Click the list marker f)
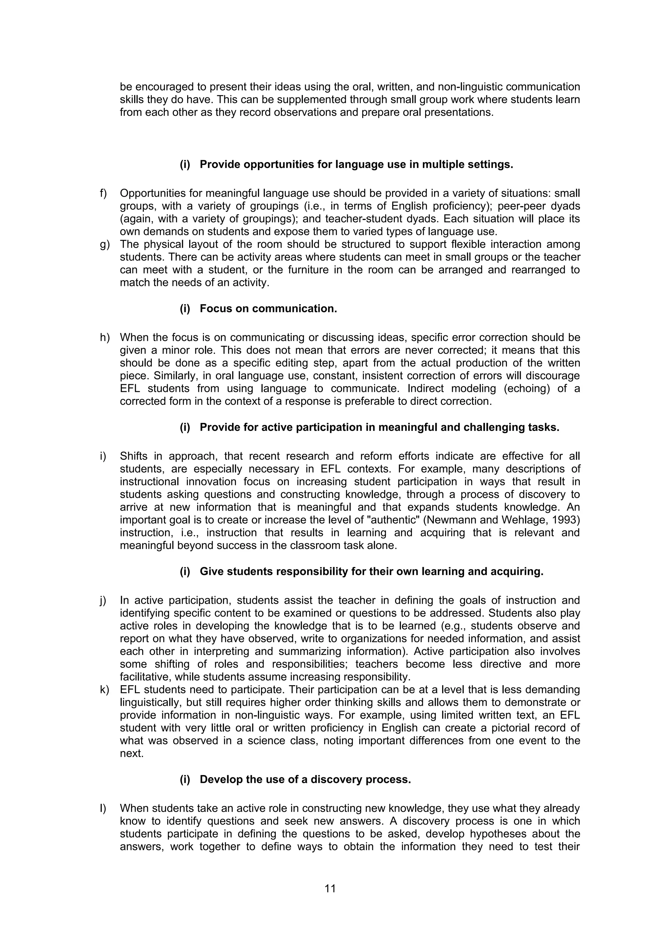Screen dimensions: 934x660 coord(103,193)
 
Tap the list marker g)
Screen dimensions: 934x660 coord(104,245)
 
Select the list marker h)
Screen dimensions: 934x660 coord(104,338)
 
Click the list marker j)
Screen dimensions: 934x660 coord(103,600)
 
